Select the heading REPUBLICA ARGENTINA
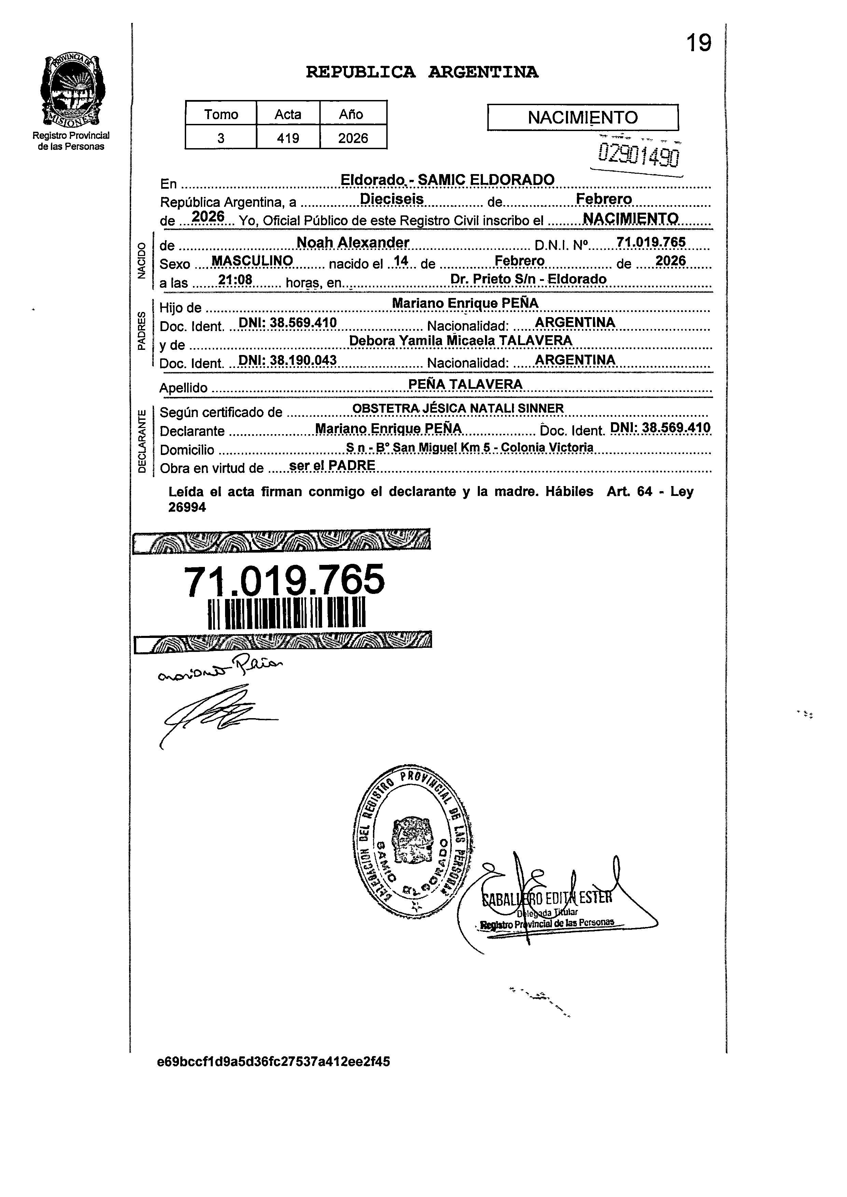click(x=422, y=72)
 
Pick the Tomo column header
click(x=221, y=114)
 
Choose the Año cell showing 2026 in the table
click(x=353, y=138)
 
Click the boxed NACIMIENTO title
click(x=583, y=117)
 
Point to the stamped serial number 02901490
click(x=639, y=155)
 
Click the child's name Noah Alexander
click(x=352, y=242)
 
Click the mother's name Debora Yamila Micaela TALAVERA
click(x=460, y=340)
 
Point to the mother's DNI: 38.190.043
click(x=287, y=360)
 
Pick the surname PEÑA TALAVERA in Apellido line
click(x=465, y=384)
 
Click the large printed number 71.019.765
click(x=285, y=580)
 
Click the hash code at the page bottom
click(x=273, y=1062)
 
